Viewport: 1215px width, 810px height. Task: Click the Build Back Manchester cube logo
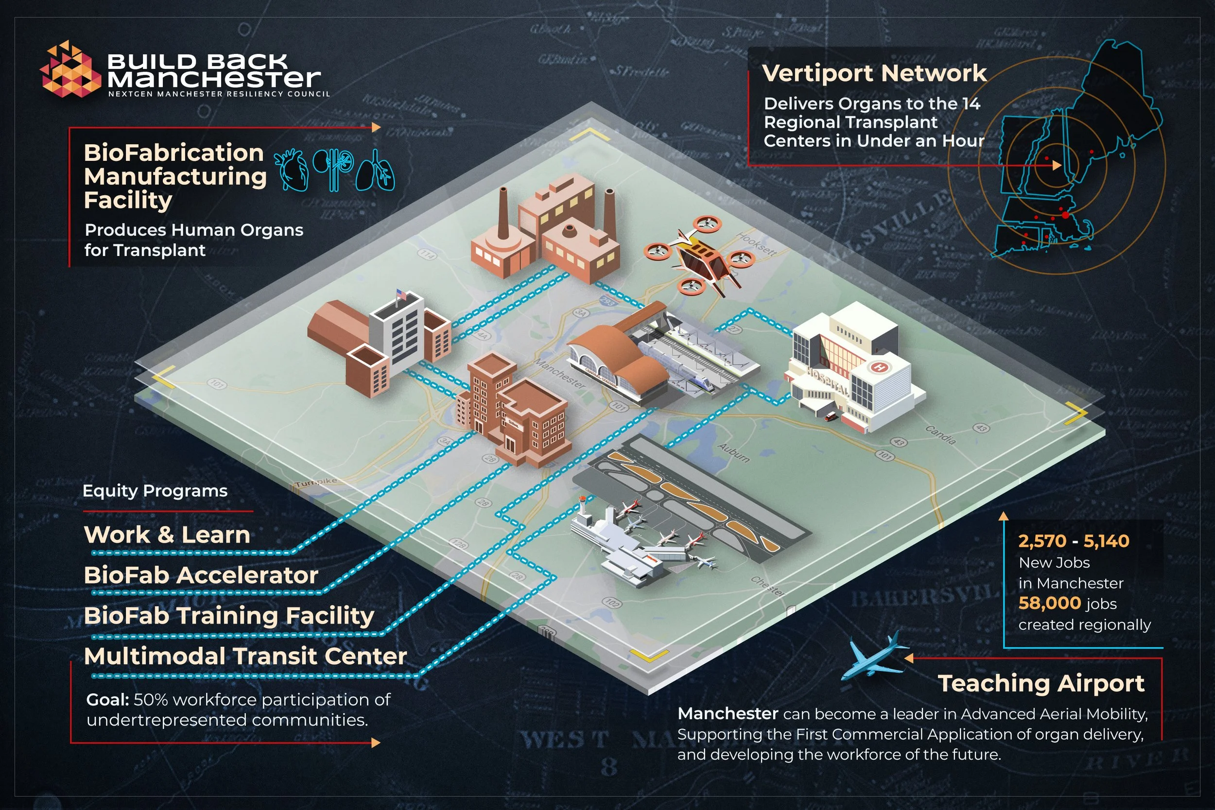[69, 70]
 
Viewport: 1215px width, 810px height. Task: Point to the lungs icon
[375, 171]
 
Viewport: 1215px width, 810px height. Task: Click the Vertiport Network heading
[874, 73]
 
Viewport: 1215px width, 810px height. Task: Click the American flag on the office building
[401, 295]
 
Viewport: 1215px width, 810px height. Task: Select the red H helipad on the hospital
[879, 367]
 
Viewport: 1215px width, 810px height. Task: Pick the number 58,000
[1049, 603]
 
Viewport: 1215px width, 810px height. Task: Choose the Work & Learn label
[167, 534]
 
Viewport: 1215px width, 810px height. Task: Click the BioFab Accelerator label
[201, 575]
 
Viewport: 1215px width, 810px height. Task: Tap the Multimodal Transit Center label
[245, 656]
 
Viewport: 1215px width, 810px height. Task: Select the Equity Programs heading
[155, 491]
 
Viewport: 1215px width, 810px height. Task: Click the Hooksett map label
[756, 243]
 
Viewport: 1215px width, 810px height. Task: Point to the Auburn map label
[733, 452]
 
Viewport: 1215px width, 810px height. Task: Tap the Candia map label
[940, 434]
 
